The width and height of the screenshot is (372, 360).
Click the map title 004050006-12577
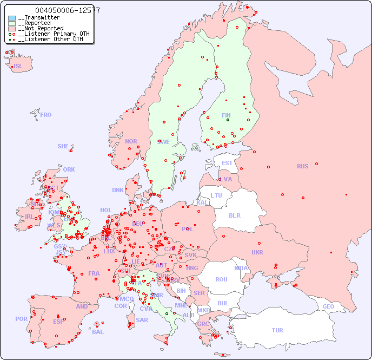point(67,10)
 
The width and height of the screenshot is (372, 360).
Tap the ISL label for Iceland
point(18,67)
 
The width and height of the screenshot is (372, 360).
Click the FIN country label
point(226,115)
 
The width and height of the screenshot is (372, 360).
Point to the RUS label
point(302,166)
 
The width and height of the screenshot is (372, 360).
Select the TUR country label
point(277,330)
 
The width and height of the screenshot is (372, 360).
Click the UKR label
point(257,252)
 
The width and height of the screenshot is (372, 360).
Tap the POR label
point(21,319)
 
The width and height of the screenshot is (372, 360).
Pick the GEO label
point(328,306)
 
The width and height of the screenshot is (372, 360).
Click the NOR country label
point(131,141)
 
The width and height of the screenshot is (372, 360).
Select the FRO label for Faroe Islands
point(46,115)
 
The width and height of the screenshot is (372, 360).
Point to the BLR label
point(234,215)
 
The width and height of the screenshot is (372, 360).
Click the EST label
point(227,163)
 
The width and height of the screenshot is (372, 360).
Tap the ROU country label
point(221,279)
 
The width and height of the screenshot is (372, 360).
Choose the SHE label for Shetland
point(63,146)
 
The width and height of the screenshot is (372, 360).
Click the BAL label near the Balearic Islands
point(98,332)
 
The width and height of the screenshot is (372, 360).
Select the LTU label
point(216,195)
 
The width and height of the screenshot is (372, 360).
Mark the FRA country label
point(94,273)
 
